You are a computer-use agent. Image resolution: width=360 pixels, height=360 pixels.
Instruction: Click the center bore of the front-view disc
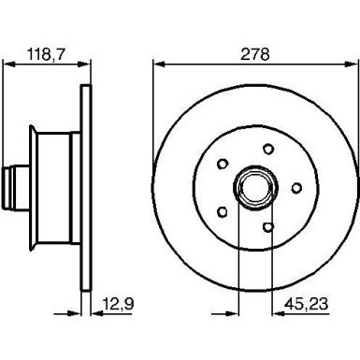pyautogui.click(x=252, y=187)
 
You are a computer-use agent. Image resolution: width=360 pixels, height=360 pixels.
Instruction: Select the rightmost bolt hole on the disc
pyautogui.click(x=296, y=187)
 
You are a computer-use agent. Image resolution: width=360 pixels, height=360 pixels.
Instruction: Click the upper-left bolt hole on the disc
pyautogui.click(x=223, y=164)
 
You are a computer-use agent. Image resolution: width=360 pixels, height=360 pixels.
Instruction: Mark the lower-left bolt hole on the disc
pyautogui.click(x=223, y=211)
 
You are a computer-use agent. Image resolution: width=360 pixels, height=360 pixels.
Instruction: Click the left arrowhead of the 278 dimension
pyautogui.click(x=156, y=65)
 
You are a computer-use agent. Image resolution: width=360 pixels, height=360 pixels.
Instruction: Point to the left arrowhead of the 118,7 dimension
pyautogui.click(x=8, y=65)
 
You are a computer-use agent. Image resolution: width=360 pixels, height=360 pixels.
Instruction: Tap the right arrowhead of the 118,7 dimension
pyautogui.click(x=88, y=65)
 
